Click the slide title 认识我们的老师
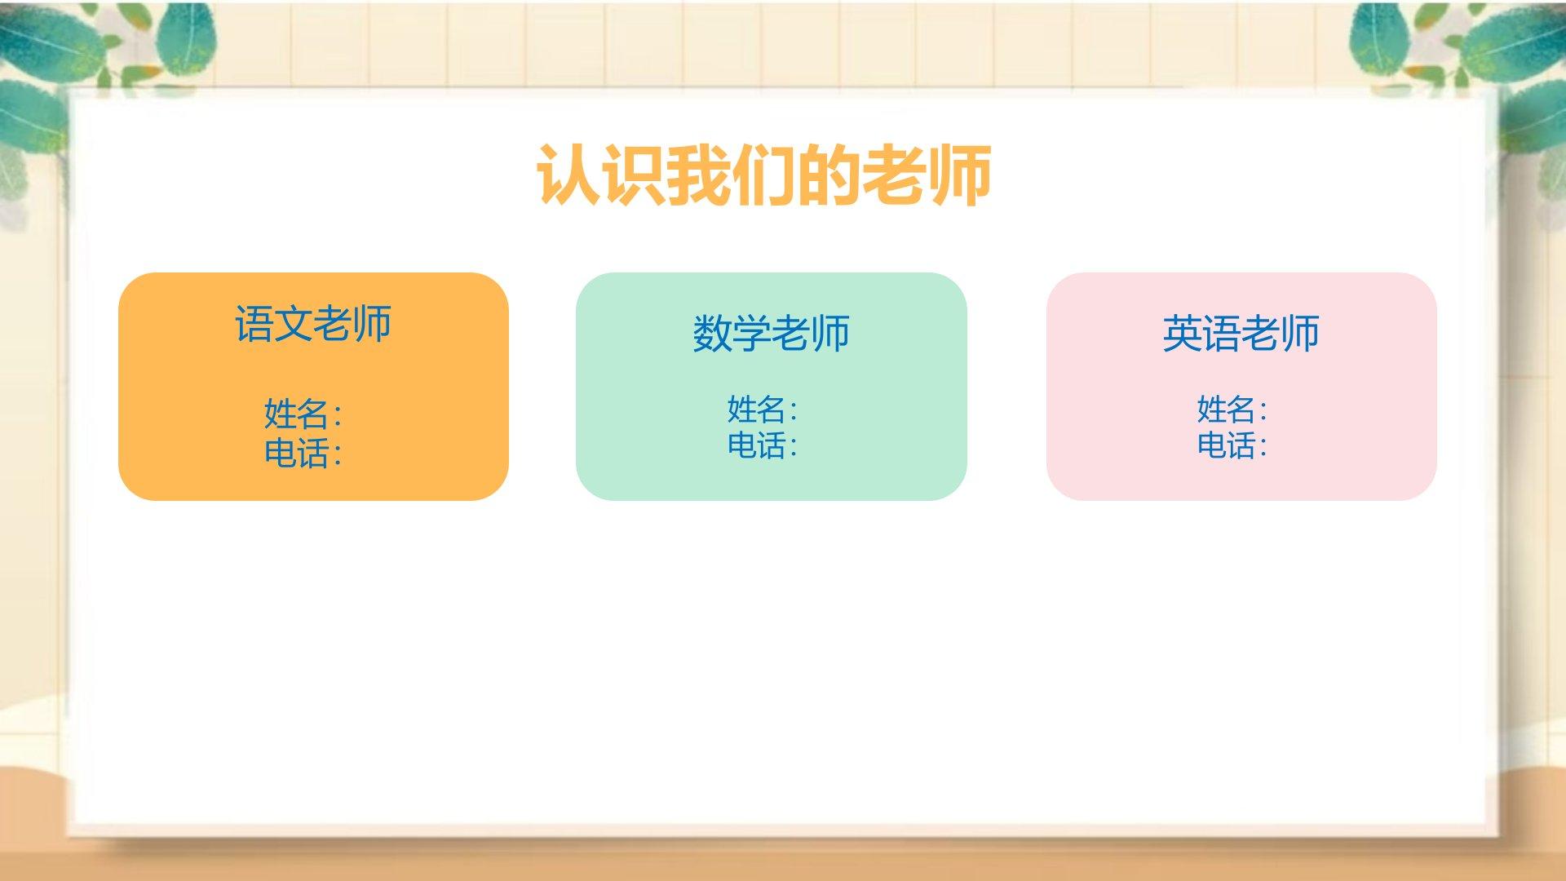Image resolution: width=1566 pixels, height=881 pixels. (x=764, y=175)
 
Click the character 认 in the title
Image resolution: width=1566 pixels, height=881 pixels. (x=568, y=175)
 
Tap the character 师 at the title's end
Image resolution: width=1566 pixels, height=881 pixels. (x=960, y=175)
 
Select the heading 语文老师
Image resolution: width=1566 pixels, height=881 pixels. (x=313, y=323)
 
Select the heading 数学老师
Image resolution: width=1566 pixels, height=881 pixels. (x=771, y=333)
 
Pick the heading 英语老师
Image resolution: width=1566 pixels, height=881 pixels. (x=1241, y=333)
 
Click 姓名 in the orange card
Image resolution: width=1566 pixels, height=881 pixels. (x=296, y=414)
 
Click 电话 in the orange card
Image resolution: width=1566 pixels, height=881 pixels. (x=296, y=453)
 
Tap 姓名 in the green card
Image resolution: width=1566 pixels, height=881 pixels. (x=756, y=409)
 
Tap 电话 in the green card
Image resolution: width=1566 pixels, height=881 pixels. (x=756, y=445)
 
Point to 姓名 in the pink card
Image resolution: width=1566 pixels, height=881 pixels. (x=1226, y=409)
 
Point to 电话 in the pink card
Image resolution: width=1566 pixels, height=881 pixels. (x=1226, y=445)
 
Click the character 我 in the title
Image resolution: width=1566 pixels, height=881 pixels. (x=699, y=175)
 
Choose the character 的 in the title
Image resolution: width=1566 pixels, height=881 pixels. (x=829, y=175)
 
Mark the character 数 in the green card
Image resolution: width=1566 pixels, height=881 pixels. (x=712, y=333)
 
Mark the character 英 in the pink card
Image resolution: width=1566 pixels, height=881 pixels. (x=1182, y=333)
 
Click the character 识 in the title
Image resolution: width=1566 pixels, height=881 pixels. (x=634, y=175)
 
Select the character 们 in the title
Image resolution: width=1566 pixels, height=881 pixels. (x=764, y=175)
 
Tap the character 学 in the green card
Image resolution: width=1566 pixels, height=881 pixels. (x=751, y=333)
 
